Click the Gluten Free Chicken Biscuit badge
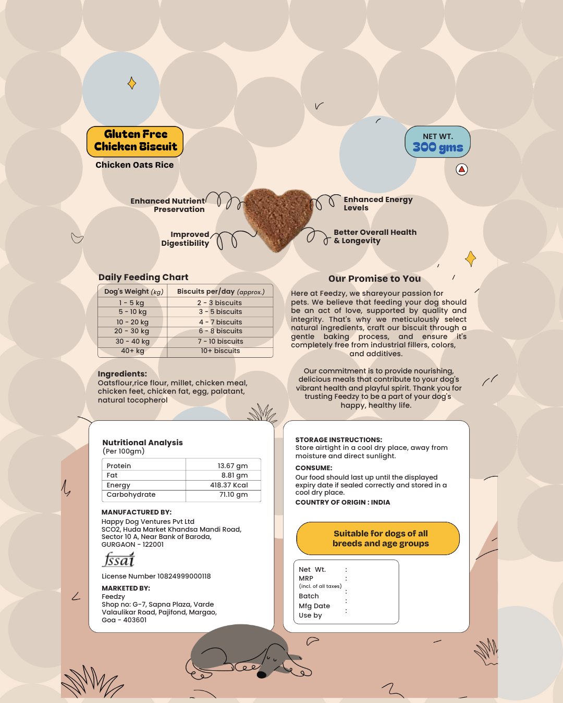pyautogui.click(x=135, y=141)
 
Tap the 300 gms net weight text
pyautogui.click(x=438, y=147)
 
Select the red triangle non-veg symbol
pyautogui.click(x=462, y=169)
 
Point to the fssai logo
pyautogui.click(x=118, y=560)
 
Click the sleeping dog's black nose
pyautogui.click(x=262, y=674)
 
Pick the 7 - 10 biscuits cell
pyautogui.click(x=220, y=342)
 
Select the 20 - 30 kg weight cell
pyautogui.click(x=132, y=331)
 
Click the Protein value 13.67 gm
pyautogui.click(x=232, y=466)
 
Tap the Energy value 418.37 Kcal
pyautogui.click(x=229, y=485)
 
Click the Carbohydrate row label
pyautogui.click(x=131, y=495)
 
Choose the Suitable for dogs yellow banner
pyautogui.click(x=378, y=538)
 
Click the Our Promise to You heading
pyautogui.click(x=374, y=279)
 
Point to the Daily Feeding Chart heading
pyautogui.click(x=143, y=278)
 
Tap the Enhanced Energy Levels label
pyautogui.click(x=377, y=204)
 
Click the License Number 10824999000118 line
pyautogui.click(x=156, y=576)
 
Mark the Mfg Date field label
pyautogui.click(x=314, y=606)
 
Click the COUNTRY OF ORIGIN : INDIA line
pyautogui.click(x=342, y=503)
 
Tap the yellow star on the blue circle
pyautogui.click(x=132, y=83)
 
